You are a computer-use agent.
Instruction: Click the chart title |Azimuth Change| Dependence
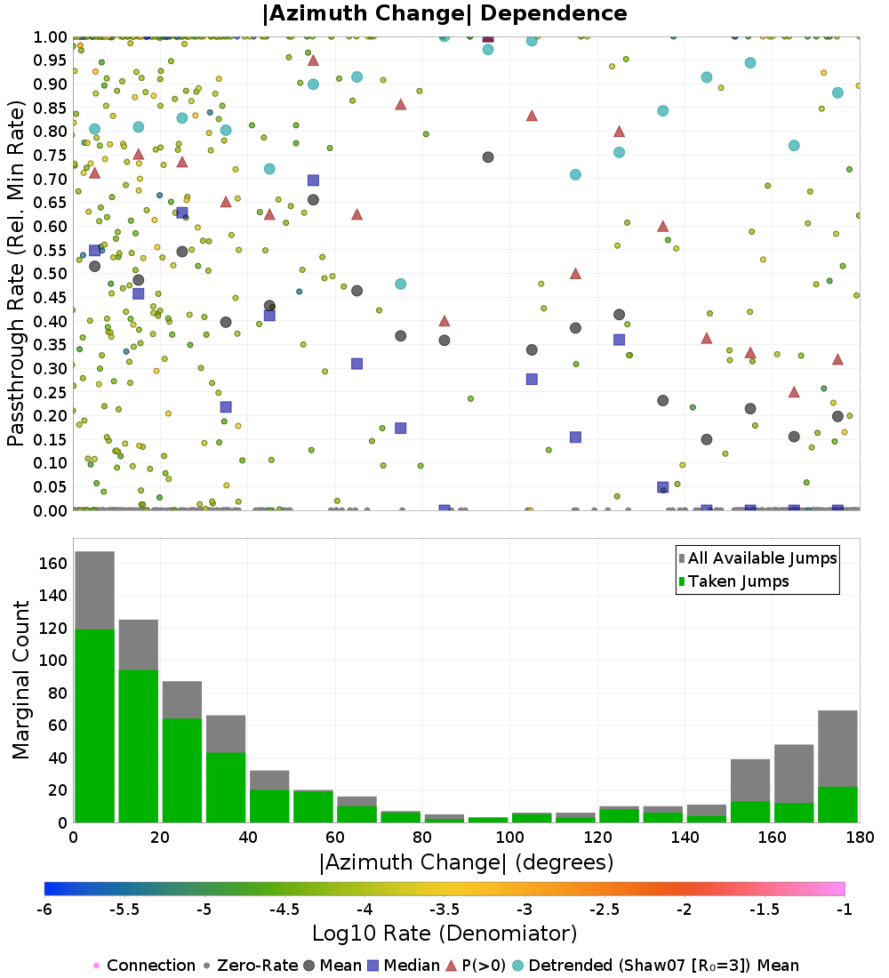(444, 13)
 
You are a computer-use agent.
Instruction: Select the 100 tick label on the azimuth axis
(509, 837)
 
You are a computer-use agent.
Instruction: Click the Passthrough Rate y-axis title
(16, 274)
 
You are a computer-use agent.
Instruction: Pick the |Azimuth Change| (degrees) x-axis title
(465, 862)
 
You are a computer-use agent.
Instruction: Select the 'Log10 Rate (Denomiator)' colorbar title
(444, 934)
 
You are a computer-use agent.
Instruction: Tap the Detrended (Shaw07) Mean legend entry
(663, 966)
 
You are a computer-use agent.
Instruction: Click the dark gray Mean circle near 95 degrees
(488, 157)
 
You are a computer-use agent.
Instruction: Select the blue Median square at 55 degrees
(313, 180)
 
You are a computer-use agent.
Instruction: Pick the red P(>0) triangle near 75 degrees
(400, 104)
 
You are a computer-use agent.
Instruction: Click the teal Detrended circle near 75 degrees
(400, 285)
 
